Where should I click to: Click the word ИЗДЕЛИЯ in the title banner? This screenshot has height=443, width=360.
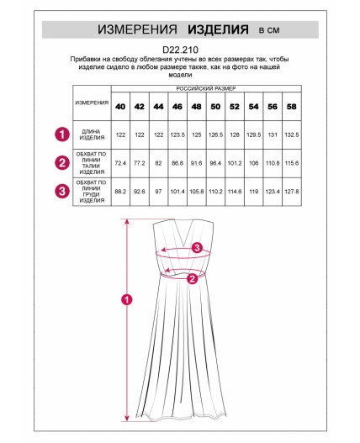(218, 29)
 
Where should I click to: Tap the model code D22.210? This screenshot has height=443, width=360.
(181, 50)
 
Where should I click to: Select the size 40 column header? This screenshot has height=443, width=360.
(120, 107)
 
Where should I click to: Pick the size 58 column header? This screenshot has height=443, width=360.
(292, 107)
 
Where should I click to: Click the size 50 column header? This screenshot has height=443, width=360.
(215, 107)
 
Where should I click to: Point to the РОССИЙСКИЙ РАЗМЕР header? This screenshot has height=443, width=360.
(206, 88)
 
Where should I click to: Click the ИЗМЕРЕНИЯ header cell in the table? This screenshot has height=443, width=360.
(92, 103)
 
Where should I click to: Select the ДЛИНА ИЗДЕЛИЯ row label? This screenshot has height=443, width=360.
(92, 134)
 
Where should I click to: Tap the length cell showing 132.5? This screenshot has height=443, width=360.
(292, 134)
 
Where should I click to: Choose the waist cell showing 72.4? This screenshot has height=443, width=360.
(120, 163)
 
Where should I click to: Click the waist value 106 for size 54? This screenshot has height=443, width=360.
(254, 163)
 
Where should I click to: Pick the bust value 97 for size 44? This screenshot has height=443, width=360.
(158, 192)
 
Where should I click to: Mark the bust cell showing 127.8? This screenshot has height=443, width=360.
(292, 192)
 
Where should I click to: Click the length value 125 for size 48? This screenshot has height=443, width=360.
(197, 134)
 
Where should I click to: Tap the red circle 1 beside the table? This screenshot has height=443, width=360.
(62, 134)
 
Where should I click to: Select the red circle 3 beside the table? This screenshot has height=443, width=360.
(62, 191)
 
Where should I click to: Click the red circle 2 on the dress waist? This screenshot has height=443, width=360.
(193, 279)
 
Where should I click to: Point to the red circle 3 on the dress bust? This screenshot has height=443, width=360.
(197, 248)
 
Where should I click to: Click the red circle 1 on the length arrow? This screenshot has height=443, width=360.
(127, 299)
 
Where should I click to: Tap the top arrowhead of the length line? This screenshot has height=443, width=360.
(127, 221)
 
